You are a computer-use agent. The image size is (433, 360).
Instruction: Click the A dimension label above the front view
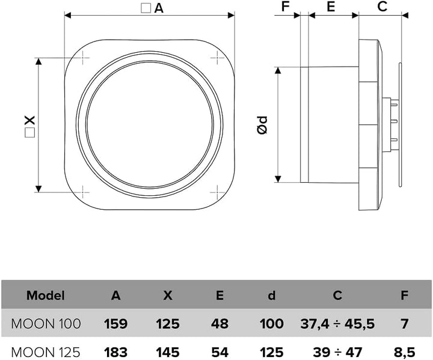(x=152, y=8)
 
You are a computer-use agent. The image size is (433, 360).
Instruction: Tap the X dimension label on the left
(x=30, y=126)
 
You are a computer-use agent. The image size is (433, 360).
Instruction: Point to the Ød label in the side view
(x=262, y=125)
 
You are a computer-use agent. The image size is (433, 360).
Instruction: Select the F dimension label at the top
(x=285, y=7)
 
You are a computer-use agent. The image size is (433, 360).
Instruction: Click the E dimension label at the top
(x=331, y=7)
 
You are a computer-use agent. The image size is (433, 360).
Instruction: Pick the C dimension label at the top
(x=382, y=7)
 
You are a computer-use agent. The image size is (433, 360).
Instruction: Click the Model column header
(x=46, y=296)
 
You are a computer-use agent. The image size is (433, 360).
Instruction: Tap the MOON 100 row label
(x=46, y=323)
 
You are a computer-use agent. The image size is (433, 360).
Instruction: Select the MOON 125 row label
(x=46, y=352)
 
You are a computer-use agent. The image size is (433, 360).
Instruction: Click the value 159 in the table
(x=115, y=323)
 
